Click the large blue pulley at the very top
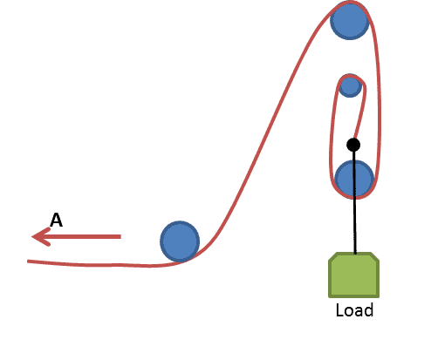tap(350, 20)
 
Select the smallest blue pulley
tap(350, 86)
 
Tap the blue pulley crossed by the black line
tap(354, 180)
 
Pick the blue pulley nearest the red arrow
tap(180, 241)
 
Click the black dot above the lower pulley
tap(353, 145)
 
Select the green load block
tap(353, 275)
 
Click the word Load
tap(354, 310)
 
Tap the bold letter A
tap(56, 220)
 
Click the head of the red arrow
tap(32, 236)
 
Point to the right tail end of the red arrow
tap(120, 236)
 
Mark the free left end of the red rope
tap(28, 262)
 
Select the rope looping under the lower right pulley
tap(355, 198)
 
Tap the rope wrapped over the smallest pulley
tap(351, 76)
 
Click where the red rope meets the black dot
tap(354, 139)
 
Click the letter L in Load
tap(339, 310)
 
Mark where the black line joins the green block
tap(355, 253)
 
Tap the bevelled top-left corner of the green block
tap(332, 256)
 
